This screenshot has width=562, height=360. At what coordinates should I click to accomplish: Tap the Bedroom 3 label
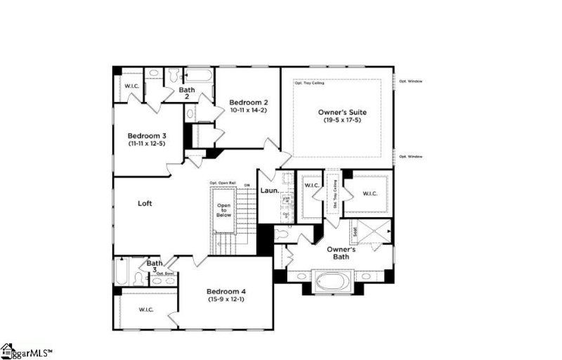[x=147, y=136]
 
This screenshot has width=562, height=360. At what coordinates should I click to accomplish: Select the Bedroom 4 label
[x=226, y=291]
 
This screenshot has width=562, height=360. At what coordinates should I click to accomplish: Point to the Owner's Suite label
[x=342, y=112]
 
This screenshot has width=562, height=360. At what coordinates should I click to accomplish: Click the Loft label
[x=145, y=203]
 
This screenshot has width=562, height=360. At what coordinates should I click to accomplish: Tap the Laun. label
[x=270, y=191]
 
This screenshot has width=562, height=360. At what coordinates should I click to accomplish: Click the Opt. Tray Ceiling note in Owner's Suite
[x=308, y=83]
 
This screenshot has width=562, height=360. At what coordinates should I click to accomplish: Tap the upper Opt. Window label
[x=411, y=81]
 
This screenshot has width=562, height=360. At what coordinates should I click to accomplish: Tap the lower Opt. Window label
[x=411, y=156]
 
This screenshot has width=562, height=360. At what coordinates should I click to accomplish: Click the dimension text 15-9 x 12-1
[x=226, y=300]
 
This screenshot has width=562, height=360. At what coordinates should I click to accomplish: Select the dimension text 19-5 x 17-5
[x=342, y=121]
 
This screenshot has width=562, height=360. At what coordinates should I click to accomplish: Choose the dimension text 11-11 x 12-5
[x=146, y=143]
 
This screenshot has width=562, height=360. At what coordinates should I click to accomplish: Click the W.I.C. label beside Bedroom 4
[x=146, y=309]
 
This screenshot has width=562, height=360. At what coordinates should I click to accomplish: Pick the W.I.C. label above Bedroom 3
[x=132, y=86]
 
